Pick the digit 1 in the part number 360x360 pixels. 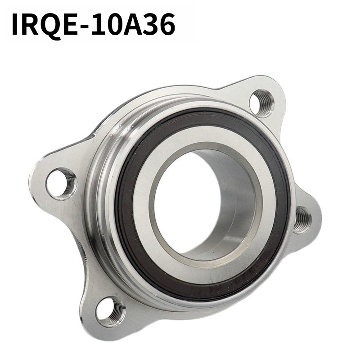coord(100,24)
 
